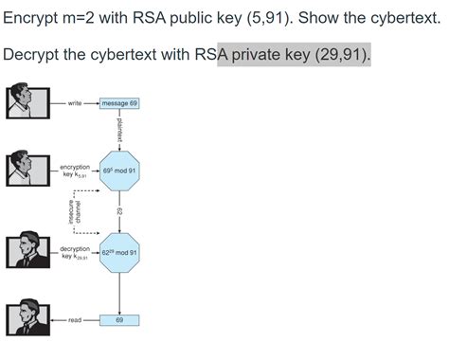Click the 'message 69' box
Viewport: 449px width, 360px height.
(119, 102)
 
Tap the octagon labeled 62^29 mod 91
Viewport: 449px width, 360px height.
(119, 253)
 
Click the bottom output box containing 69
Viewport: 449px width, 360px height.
(119, 320)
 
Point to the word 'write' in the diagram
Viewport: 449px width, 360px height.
(75, 102)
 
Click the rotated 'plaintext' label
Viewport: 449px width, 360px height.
(126, 129)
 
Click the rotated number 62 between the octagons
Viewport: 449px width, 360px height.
(119, 212)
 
